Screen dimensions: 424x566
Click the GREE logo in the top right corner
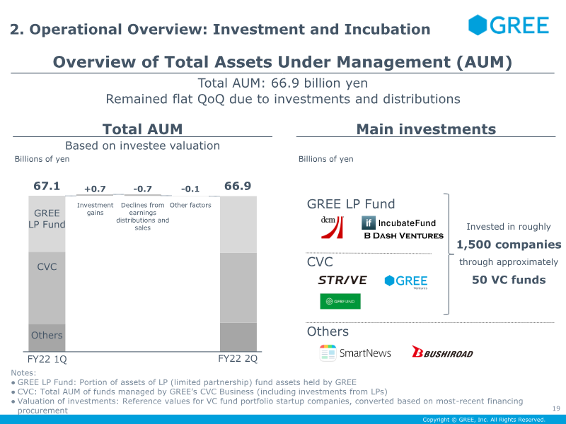pos(509,25)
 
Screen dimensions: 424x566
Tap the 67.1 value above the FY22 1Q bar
pos(47,187)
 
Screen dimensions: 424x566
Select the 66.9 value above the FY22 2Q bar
pos(238,187)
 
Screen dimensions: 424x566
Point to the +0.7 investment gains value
pos(95,189)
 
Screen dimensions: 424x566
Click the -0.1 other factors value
pos(190,189)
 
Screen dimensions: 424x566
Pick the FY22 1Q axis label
pos(47,358)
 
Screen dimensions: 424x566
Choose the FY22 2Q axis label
pos(238,358)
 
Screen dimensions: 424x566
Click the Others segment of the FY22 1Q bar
pos(47,336)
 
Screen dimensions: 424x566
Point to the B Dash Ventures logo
pos(403,236)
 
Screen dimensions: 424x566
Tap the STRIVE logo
pos(342,281)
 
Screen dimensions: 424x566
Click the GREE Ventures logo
pos(406,281)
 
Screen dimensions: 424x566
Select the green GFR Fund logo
pos(340,302)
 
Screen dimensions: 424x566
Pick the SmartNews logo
pos(355,352)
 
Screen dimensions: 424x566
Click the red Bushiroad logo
pos(442,352)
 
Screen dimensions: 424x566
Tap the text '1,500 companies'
pos(509,245)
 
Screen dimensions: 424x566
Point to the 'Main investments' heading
pos(426,129)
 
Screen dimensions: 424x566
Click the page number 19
pos(555,408)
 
